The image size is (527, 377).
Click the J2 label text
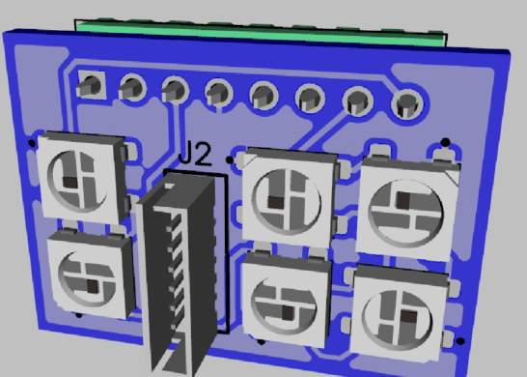coord(195,154)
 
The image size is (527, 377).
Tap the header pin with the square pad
coord(90,86)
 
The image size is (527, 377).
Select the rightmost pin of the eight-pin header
coord(407,104)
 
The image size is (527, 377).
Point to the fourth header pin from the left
coord(218,93)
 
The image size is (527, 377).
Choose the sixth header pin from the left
coord(310,99)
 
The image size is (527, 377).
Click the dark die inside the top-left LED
coord(70,182)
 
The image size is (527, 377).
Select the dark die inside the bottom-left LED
coord(93,286)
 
